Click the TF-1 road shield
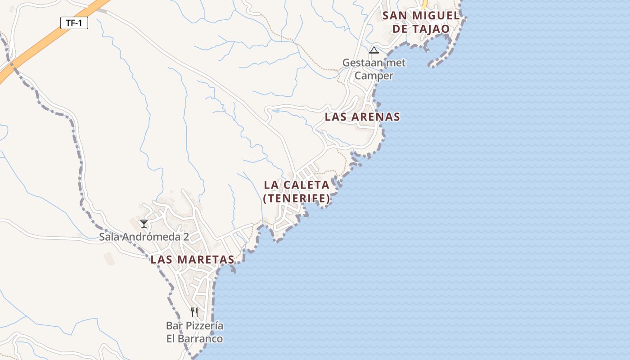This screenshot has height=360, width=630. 74,23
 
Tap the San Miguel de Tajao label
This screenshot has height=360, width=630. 421,22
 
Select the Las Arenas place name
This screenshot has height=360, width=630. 362,117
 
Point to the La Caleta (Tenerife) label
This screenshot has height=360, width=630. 297,191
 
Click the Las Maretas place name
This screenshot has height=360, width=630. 192,260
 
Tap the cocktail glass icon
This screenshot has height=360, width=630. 144,223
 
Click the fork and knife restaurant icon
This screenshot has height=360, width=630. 194,312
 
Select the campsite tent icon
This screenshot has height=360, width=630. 373,50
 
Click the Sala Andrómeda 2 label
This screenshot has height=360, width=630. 144,237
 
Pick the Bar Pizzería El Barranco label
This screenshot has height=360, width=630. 194,332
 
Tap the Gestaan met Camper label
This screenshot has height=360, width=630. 374,69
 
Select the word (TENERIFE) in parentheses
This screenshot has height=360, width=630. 297,198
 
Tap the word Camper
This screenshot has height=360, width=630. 374,76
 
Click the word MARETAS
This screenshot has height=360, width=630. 206,260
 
